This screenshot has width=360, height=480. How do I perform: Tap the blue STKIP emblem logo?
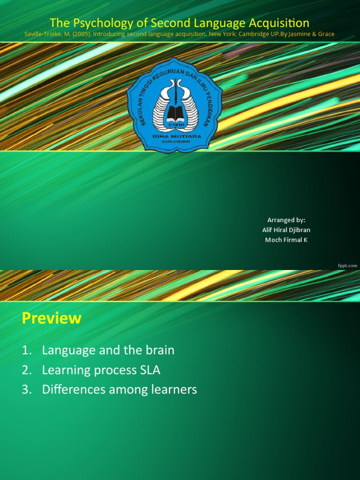174,104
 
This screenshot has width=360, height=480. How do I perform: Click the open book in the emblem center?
175,112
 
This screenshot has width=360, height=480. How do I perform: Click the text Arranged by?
286,220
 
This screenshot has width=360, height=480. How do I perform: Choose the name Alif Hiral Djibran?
286,230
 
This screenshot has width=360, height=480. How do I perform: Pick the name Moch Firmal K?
286,240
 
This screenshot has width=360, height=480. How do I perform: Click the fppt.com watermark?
347,265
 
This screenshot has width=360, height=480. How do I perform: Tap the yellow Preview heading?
52,318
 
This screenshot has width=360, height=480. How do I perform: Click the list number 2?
26,370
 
